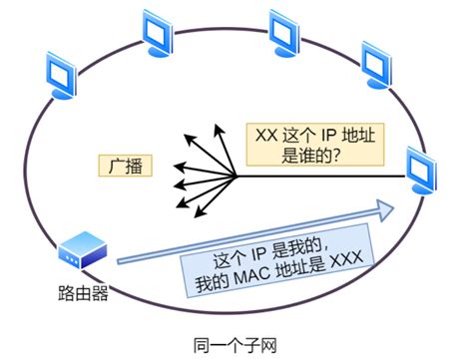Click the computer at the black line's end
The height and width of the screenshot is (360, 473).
(x=424, y=171)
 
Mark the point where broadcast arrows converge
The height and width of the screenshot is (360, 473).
(x=236, y=178)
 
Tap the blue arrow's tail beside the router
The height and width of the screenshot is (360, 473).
(x=120, y=262)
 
